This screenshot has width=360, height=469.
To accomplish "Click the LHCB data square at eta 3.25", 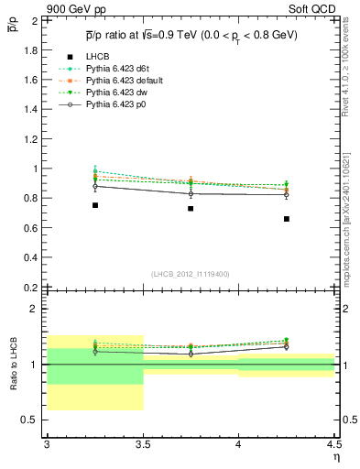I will (94, 205).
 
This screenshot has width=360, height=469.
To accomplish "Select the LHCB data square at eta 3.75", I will (191, 209).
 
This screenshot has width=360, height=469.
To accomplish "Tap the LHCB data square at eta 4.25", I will (287, 219).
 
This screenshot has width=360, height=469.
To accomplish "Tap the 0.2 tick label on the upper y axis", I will (30, 287).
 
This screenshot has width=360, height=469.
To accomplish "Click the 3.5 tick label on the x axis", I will (142, 444).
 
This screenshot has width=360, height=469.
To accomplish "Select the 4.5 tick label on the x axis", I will (333, 444).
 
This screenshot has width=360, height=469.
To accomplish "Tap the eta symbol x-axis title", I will (334, 456).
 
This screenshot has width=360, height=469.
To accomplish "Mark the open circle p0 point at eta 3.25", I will (94, 186).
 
